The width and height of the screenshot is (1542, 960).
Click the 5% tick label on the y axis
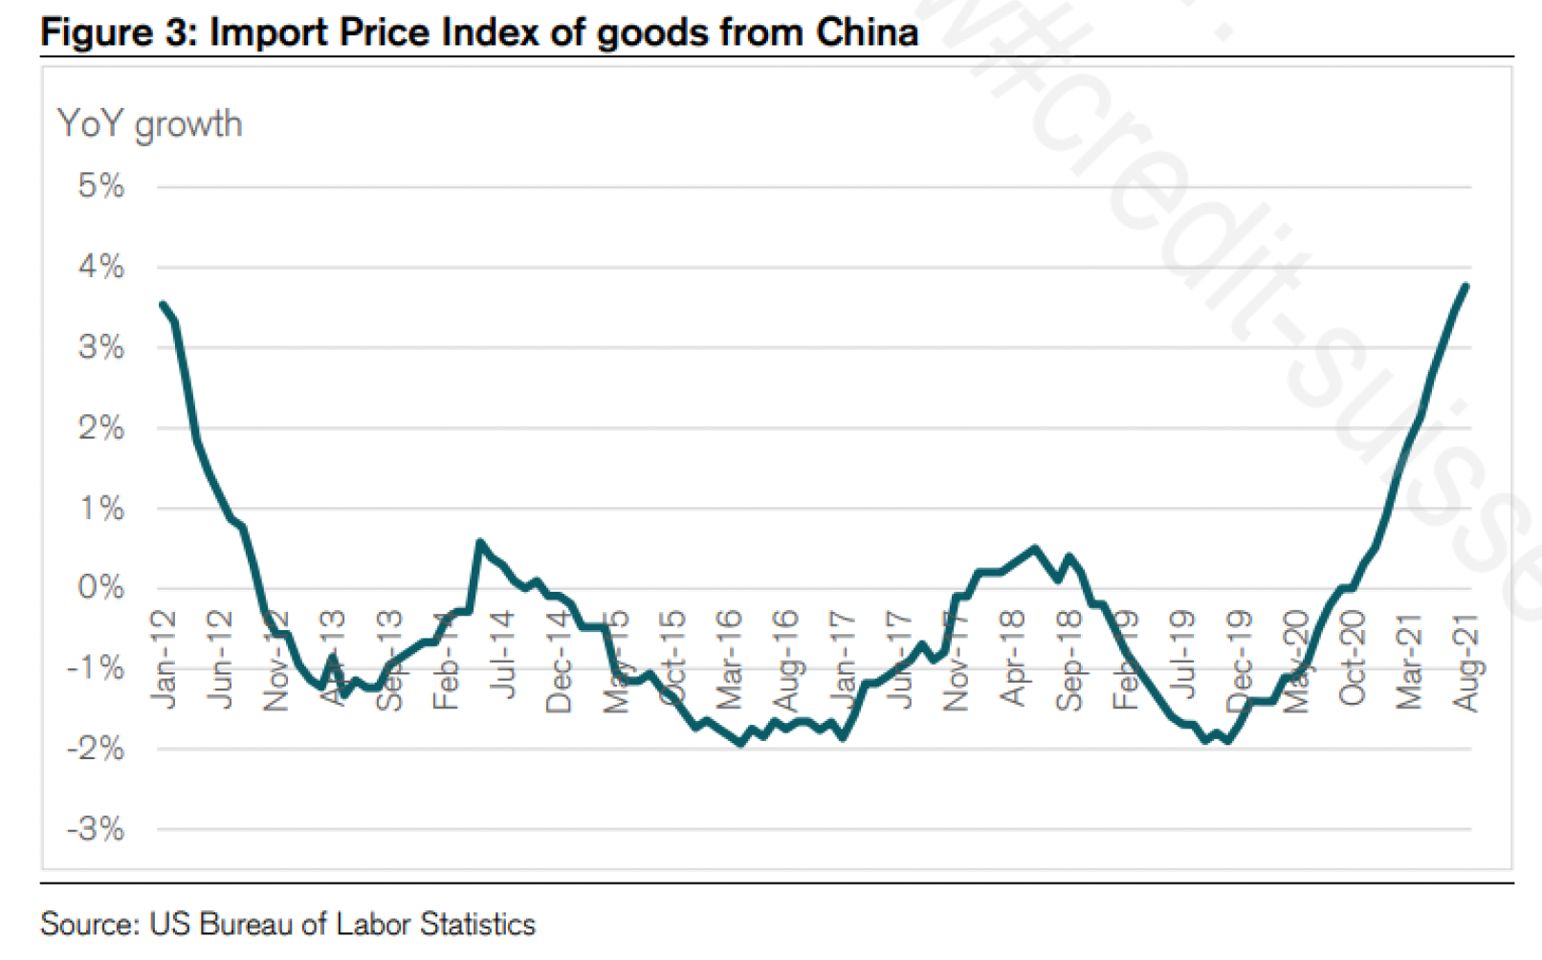tap(101, 185)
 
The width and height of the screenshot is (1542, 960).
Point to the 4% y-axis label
tap(101, 267)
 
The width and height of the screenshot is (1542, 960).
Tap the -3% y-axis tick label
tap(96, 829)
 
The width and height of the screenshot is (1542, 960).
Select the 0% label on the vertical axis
tap(101, 587)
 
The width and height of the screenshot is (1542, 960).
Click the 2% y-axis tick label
tap(101, 427)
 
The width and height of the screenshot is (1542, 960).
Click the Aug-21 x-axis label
tap(1466, 663)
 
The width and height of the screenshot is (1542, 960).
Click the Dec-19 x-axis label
tap(1240, 662)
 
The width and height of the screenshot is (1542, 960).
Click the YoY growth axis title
tap(150, 124)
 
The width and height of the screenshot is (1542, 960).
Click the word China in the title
tap(867, 32)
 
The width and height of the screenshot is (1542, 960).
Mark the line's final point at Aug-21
tap(1466, 286)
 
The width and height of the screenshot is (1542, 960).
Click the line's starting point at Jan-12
tap(163, 304)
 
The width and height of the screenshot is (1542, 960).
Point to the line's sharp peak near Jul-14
tap(480, 541)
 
